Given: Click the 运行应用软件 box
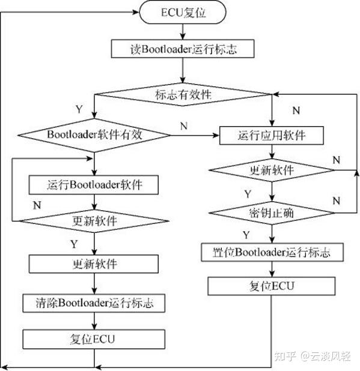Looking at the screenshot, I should [272, 134].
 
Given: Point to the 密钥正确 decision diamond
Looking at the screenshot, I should [272, 213].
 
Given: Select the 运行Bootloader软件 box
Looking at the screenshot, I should [94, 183].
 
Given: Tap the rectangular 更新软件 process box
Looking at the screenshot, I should [94, 264].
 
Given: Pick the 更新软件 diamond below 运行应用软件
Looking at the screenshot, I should [272, 170].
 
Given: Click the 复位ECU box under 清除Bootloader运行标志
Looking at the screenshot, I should [94, 339].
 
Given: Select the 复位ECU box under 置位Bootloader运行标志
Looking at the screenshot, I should [272, 286].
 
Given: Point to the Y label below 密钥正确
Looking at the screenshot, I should [245, 234].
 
